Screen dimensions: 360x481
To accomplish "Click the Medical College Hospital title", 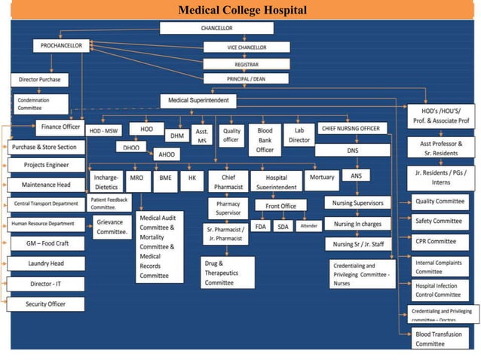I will point(241,10).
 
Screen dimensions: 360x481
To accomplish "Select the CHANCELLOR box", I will point(216,28).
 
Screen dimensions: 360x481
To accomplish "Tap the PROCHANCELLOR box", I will point(62,46).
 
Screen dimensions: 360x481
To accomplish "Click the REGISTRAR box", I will point(236,64).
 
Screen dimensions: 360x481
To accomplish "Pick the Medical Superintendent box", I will point(198,100).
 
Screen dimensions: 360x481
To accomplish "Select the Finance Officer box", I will point(60,127).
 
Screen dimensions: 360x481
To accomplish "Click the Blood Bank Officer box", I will point(265,139).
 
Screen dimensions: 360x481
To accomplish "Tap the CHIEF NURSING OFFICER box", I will point(351,129).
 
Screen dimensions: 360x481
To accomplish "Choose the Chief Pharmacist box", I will point(228,182).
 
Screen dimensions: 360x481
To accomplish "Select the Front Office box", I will point(280,206).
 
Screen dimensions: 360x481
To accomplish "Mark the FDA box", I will point(260,226).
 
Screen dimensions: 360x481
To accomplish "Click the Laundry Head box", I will point(46,264).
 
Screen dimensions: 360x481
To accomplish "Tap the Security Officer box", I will point(46,304).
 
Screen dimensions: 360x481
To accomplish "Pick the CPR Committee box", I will point(441,242).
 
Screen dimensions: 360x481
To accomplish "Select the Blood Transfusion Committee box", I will point(441,338).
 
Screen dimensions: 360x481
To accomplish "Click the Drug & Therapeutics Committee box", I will point(228,273).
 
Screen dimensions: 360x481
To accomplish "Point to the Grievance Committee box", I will point(112,227).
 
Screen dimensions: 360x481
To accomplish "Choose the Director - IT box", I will point(46,284).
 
